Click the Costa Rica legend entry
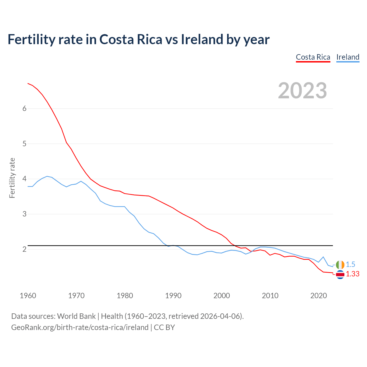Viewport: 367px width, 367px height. (313, 57)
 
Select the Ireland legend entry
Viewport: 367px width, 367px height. (348, 57)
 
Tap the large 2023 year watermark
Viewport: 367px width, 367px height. (302, 91)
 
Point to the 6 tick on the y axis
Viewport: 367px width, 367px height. (24, 108)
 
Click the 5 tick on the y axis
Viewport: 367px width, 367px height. (24, 144)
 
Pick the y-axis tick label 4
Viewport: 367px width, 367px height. (24, 179)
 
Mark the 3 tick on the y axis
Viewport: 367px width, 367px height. (24, 214)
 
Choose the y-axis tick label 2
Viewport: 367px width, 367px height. (24, 249)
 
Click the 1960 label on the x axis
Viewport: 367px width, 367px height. (28, 296)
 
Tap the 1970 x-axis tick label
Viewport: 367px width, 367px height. (76, 296)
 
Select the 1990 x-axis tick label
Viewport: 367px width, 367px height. (173, 296)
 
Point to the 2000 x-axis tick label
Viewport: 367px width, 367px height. (222, 296)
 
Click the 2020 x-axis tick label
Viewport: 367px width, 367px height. (319, 296)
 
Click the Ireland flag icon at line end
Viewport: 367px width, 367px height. (340, 265)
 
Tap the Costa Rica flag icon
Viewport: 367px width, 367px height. (340, 274)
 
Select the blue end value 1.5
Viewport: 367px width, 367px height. (350, 264)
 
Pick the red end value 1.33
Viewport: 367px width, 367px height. (352, 274)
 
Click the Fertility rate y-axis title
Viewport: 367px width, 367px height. (12, 178)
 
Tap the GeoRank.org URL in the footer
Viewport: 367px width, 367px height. (80, 327)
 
